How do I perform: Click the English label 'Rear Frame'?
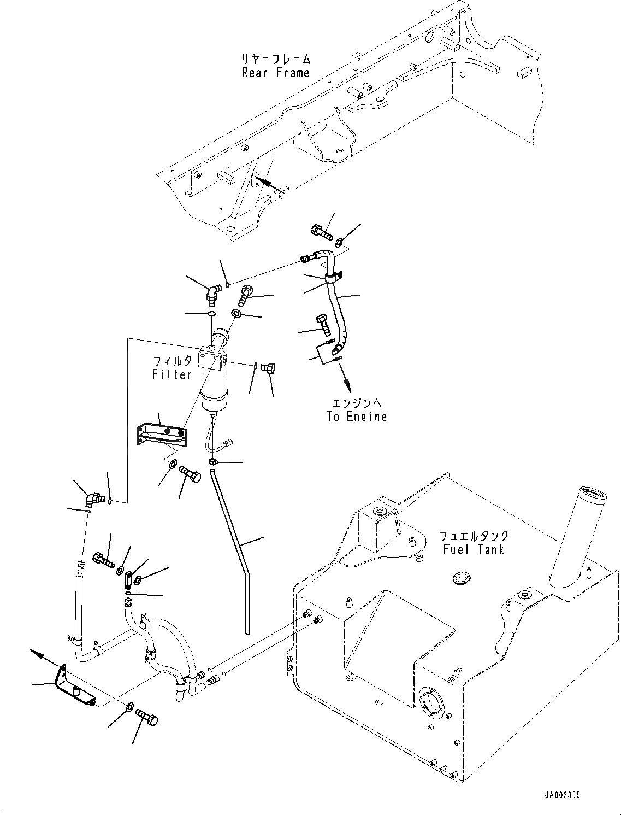coord(275,73)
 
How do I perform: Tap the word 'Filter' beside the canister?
coord(171,374)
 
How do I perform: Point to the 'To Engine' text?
coord(357,416)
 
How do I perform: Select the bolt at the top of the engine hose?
coord(322,232)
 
